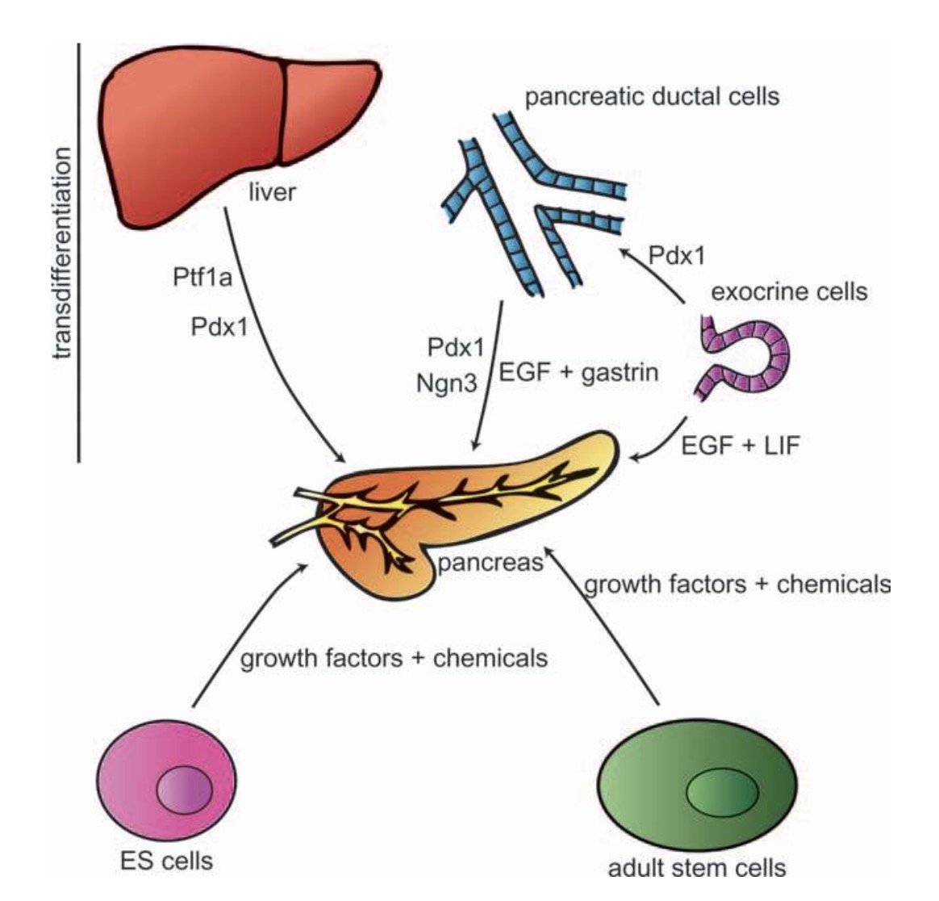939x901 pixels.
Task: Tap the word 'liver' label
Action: (273, 193)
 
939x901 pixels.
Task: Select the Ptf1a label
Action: (202, 279)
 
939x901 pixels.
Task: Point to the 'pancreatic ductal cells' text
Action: (652, 98)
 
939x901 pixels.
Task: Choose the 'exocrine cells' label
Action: (788, 291)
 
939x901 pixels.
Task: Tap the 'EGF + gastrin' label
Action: (579, 372)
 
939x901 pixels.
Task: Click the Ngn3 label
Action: (449, 383)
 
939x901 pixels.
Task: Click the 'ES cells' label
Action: (166, 861)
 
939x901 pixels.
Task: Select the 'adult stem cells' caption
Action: (696, 868)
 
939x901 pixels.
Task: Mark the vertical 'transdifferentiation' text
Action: (62, 252)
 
